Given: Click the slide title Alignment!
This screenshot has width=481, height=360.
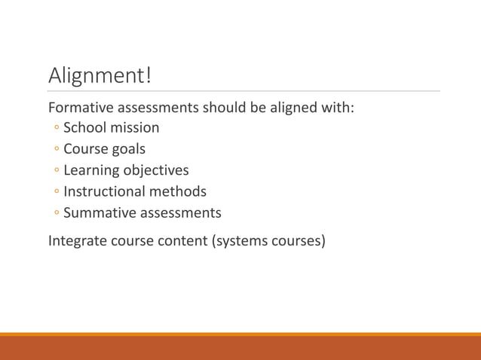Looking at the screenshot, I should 100,75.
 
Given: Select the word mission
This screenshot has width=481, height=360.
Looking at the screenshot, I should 134,128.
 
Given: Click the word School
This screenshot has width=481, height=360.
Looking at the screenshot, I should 84,128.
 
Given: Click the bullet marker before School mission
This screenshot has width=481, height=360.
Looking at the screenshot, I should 57,129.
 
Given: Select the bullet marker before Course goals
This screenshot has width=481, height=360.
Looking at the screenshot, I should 57,150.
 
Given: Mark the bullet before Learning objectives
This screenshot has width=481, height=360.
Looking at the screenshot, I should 57,171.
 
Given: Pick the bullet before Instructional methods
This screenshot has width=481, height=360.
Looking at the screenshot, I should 57,192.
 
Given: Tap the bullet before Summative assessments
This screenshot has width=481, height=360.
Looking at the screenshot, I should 57,214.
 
